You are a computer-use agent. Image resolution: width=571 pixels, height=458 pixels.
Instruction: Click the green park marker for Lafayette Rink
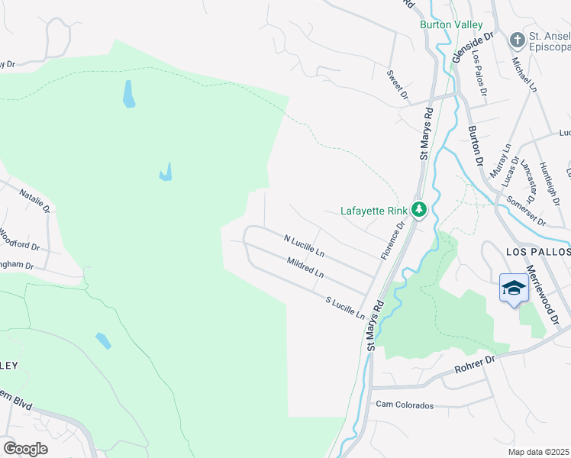[x=418, y=209]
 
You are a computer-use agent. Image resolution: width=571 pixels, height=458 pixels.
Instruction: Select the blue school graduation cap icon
[x=514, y=289]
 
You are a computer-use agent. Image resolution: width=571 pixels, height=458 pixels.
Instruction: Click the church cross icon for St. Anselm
[x=518, y=40]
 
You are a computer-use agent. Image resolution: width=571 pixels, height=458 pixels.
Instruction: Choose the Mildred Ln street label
[x=305, y=267]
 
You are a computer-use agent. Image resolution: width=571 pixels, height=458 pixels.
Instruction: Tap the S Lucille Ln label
[x=345, y=308]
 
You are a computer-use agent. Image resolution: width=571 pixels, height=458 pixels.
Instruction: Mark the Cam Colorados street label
[x=404, y=405]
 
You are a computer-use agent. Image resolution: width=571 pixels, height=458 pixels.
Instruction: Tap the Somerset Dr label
[x=524, y=211]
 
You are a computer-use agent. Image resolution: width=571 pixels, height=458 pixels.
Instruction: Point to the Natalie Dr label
[x=34, y=200]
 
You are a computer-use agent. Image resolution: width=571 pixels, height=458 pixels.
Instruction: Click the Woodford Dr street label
[x=18, y=239]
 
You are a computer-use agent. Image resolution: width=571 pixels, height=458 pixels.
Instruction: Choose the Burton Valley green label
[x=447, y=24]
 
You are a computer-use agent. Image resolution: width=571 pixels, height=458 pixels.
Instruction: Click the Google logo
[x=25, y=448]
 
